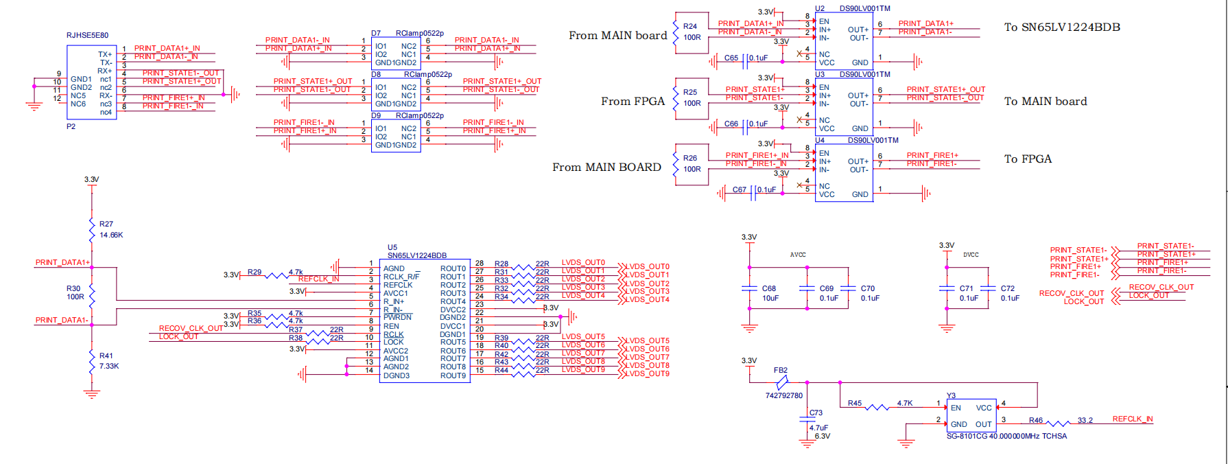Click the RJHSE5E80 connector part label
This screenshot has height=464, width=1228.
[87, 35]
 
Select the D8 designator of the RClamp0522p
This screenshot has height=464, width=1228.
[376, 74]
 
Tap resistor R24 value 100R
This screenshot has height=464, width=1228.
[692, 38]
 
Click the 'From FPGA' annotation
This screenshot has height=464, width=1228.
[633, 102]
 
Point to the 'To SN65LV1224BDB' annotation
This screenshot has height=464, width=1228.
[1062, 27]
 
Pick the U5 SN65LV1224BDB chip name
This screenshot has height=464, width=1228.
[416, 255]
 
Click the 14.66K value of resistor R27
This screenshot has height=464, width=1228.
[111, 235]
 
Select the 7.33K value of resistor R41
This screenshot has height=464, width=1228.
[109, 366]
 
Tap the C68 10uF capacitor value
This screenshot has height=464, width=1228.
[770, 298]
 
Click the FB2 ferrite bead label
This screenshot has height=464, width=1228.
[781, 370]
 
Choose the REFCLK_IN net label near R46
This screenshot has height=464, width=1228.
[1133, 419]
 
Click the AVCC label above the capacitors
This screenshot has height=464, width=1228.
[798, 255]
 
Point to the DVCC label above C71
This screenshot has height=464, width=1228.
[971, 255]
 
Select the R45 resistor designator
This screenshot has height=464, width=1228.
[855, 403]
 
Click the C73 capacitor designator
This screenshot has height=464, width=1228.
[816, 413]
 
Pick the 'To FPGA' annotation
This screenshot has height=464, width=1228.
[1028, 159]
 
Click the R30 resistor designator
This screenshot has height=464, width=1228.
[73, 289]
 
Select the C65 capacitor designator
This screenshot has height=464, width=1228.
[731, 58]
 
